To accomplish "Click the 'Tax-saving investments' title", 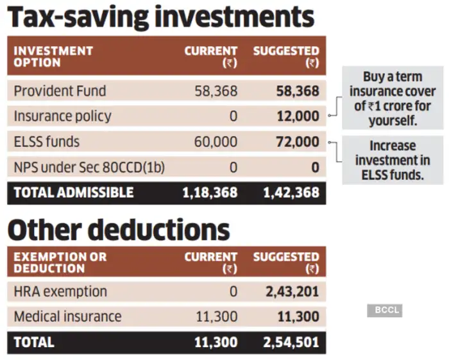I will pyautogui.click(x=161, y=18).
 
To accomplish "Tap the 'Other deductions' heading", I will pyautogui.click(x=119, y=229).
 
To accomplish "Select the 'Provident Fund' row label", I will pyautogui.click(x=60, y=91).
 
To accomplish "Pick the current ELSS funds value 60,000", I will pyautogui.click(x=216, y=142).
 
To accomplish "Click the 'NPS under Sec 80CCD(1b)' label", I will pyautogui.click(x=89, y=167).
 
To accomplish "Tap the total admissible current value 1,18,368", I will pyautogui.click(x=209, y=193).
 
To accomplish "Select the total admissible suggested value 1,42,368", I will pyautogui.click(x=291, y=193).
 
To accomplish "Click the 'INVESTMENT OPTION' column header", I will pyautogui.click(x=53, y=56).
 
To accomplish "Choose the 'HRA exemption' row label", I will pyautogui.click(x=60, y=291).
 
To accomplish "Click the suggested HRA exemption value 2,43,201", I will pyautogui.click(x=292, y=292).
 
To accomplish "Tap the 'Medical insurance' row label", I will pyautogui.click(x=67, y=316).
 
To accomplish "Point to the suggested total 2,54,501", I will pyautogui.click(x=292, y=342).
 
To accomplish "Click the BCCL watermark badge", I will pyautogui.click(x=384, y=310).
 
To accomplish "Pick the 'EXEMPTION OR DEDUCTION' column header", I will pyautogui.click(x=60, y=262).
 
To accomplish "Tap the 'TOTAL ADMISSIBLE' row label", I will pyautogui.click(x=74, y=193).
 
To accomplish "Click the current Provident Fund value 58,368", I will pyautogui.click(x=216, y=91).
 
